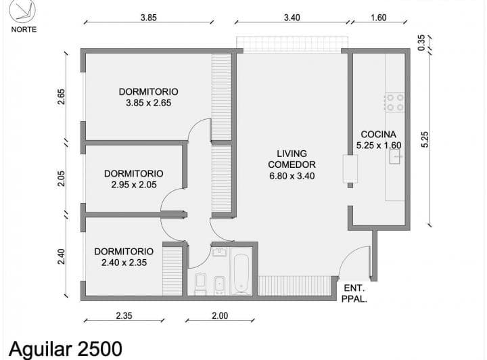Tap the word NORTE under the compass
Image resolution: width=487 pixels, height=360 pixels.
tap(24, 29)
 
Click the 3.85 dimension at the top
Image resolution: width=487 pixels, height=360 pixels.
tap(149, 18)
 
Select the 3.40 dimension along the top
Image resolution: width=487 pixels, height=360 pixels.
tap(292, 18)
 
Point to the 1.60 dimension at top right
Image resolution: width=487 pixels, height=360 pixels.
tap(379, 18)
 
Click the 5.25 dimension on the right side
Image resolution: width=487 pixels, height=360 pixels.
tap(425, 138)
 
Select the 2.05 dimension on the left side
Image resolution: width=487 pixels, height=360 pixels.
tap(62, 179)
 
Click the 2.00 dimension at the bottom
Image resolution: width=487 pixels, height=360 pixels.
tap(220, 315)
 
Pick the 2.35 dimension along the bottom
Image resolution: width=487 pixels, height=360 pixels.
tap(124, 315)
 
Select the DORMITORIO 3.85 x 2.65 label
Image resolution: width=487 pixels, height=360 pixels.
tap(148, 97)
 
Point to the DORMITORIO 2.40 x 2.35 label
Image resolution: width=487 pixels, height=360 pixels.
tap(124, 257)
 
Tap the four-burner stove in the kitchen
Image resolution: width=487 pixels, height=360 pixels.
tap(394, 102)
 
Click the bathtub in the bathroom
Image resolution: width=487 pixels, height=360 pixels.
tap(241, 272)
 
